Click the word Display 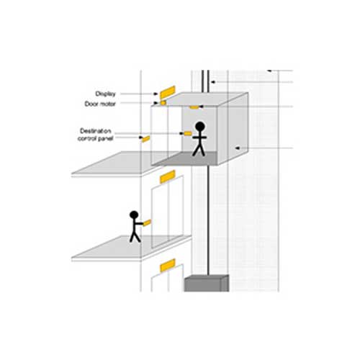tap(106, 94)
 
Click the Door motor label tap(100, 104)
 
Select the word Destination tap(96, 131)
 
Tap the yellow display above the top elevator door tap(168, 92)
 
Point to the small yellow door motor tap(163, 103)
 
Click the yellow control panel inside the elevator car tap(187, 133)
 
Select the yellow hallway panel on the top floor tap(145, 139)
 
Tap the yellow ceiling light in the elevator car tap(194, 107)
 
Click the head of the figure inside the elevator tap(200, 126)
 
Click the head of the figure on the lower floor tap(134, 215)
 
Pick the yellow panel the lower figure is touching tap(147, 222)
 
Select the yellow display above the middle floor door tap(168, 176)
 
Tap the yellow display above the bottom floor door tap(168, 265)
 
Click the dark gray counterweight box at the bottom tap(207, 284)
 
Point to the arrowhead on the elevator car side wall tap(237, 148)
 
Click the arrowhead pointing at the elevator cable tap(213, 82)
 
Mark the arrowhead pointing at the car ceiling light tap(201, 107)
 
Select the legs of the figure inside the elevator tap(199, 150)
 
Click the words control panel tap(96, 138)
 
